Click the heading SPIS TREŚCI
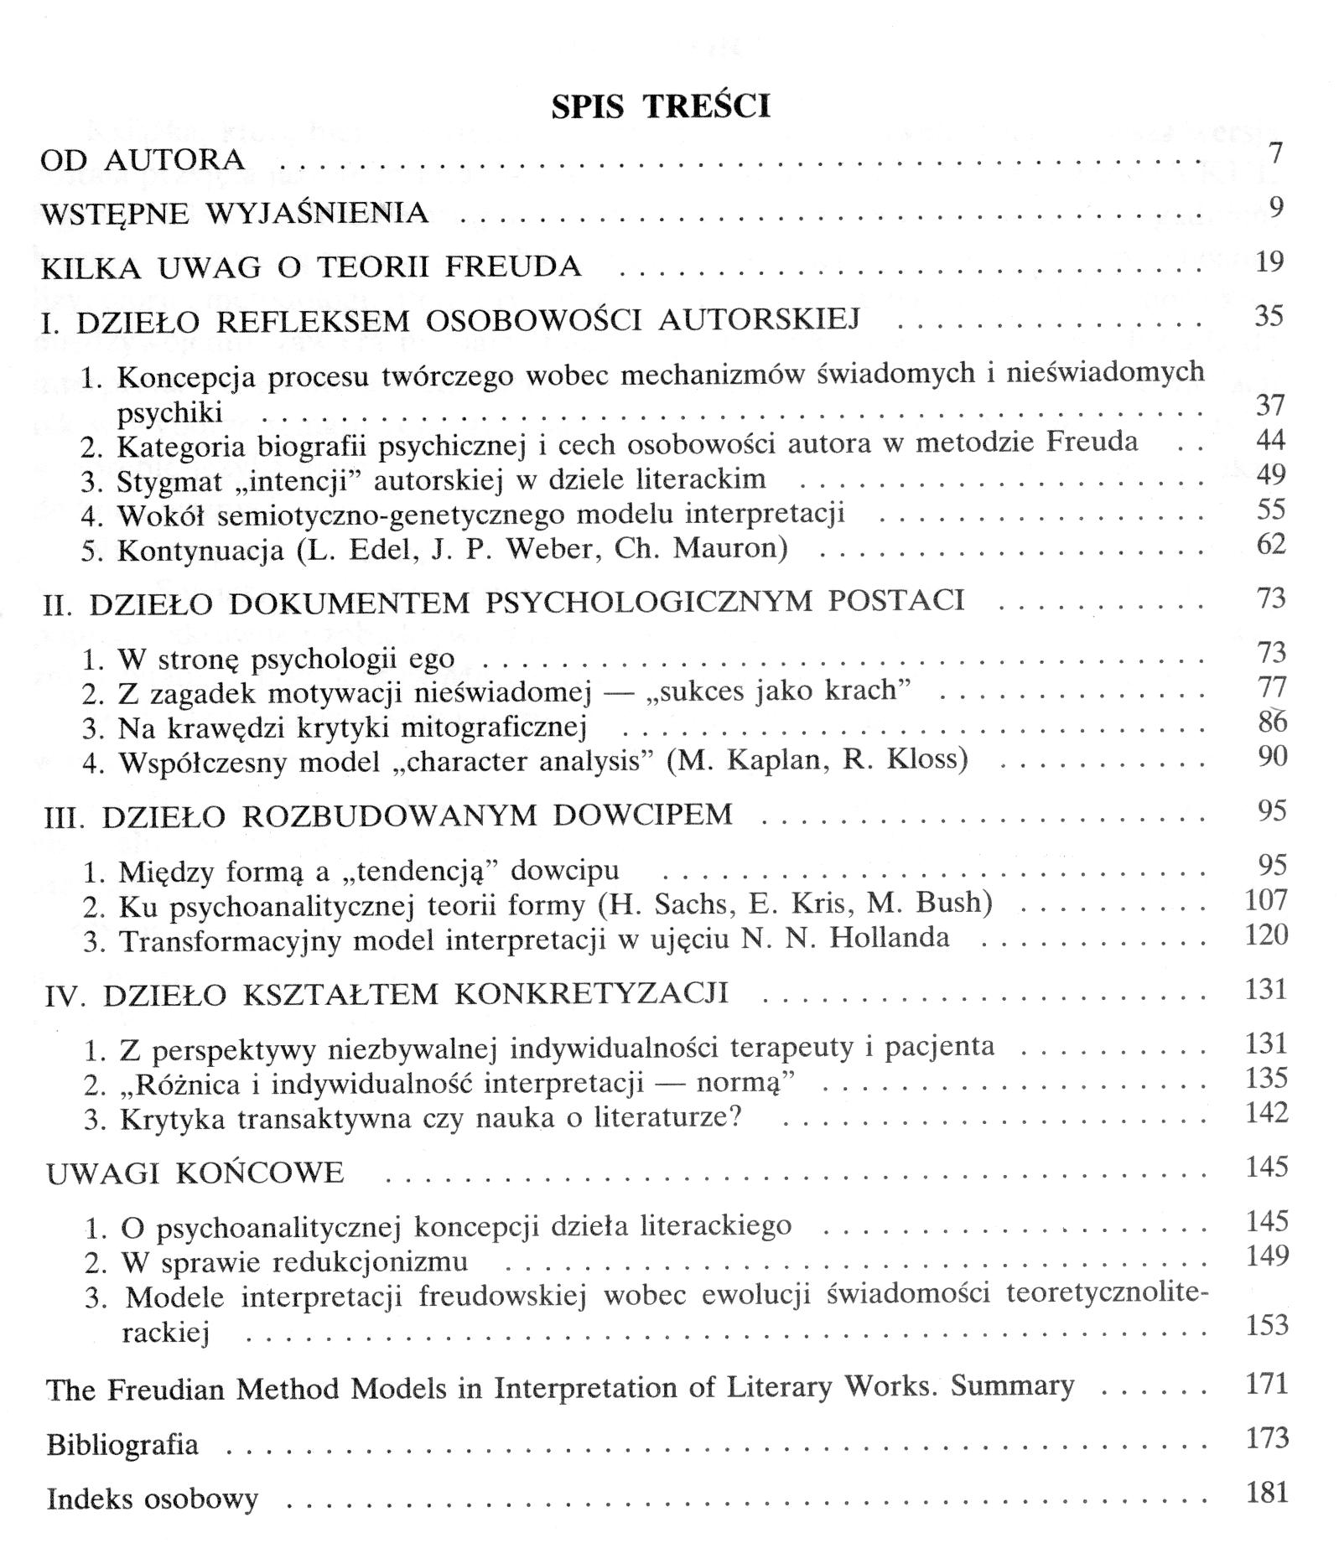click(661, 106)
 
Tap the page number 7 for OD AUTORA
click(1275, 154)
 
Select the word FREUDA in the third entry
click(512, 267)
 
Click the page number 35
click(1269, 316)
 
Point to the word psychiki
click(170, 412)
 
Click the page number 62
click(1271, 545)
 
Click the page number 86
click(1272, 722)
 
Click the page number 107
click(1266, 900)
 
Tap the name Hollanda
click(890, 937)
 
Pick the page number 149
click(1266, 1256)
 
